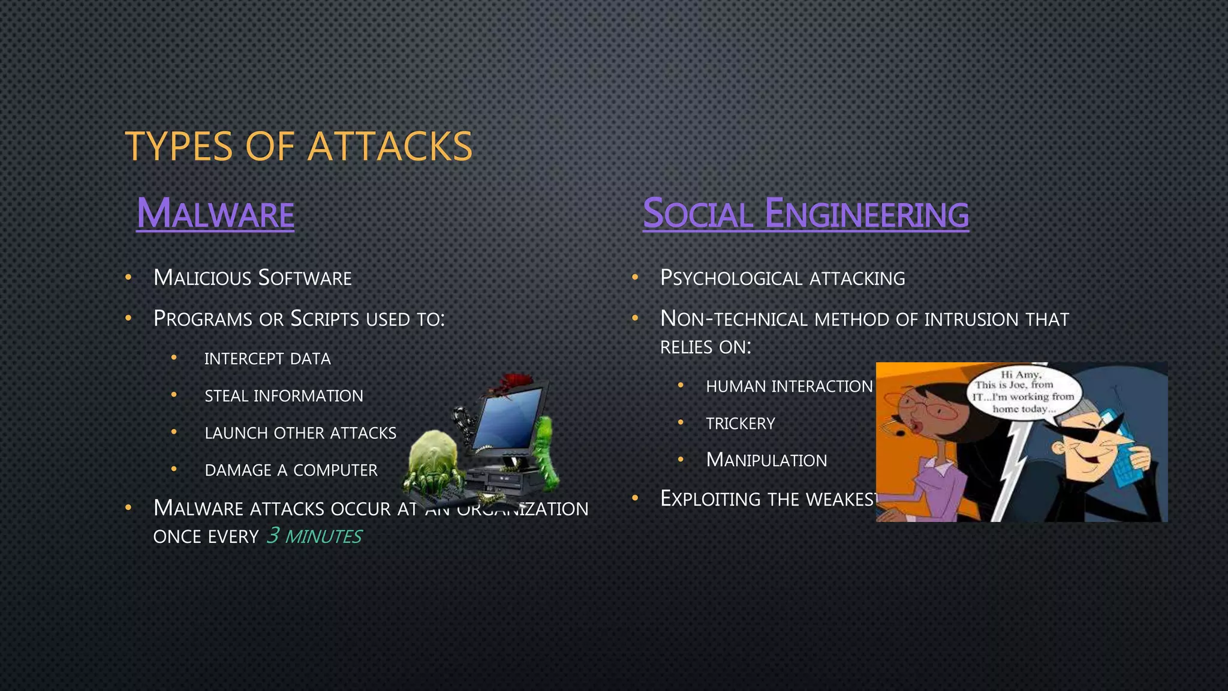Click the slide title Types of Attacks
pyautogui.click(x=299, y=146)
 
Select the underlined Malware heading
pyautogui.click(x=215, y=214)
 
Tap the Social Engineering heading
pyautogui.click(x=805, y=214)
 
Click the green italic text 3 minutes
pyautogui.click(x=314, y=536)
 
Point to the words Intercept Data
pyautogui.click(x=267, y=359)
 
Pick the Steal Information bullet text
pyautogui.click(x=284, y=396)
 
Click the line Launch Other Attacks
pyautogui.click(x=300, y=433)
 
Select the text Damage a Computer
pyautogui.click(x=291, y=470)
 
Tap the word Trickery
pyautogui.click(x=741, y=423)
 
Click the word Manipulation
pyautogui.click(x=766, y=460)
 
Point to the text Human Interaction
pyautogui.click(x=789, y=386)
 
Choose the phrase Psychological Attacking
pyautogui.click(x=782, y=278)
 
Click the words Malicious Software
pyautogui.click(x=252, y=278)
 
